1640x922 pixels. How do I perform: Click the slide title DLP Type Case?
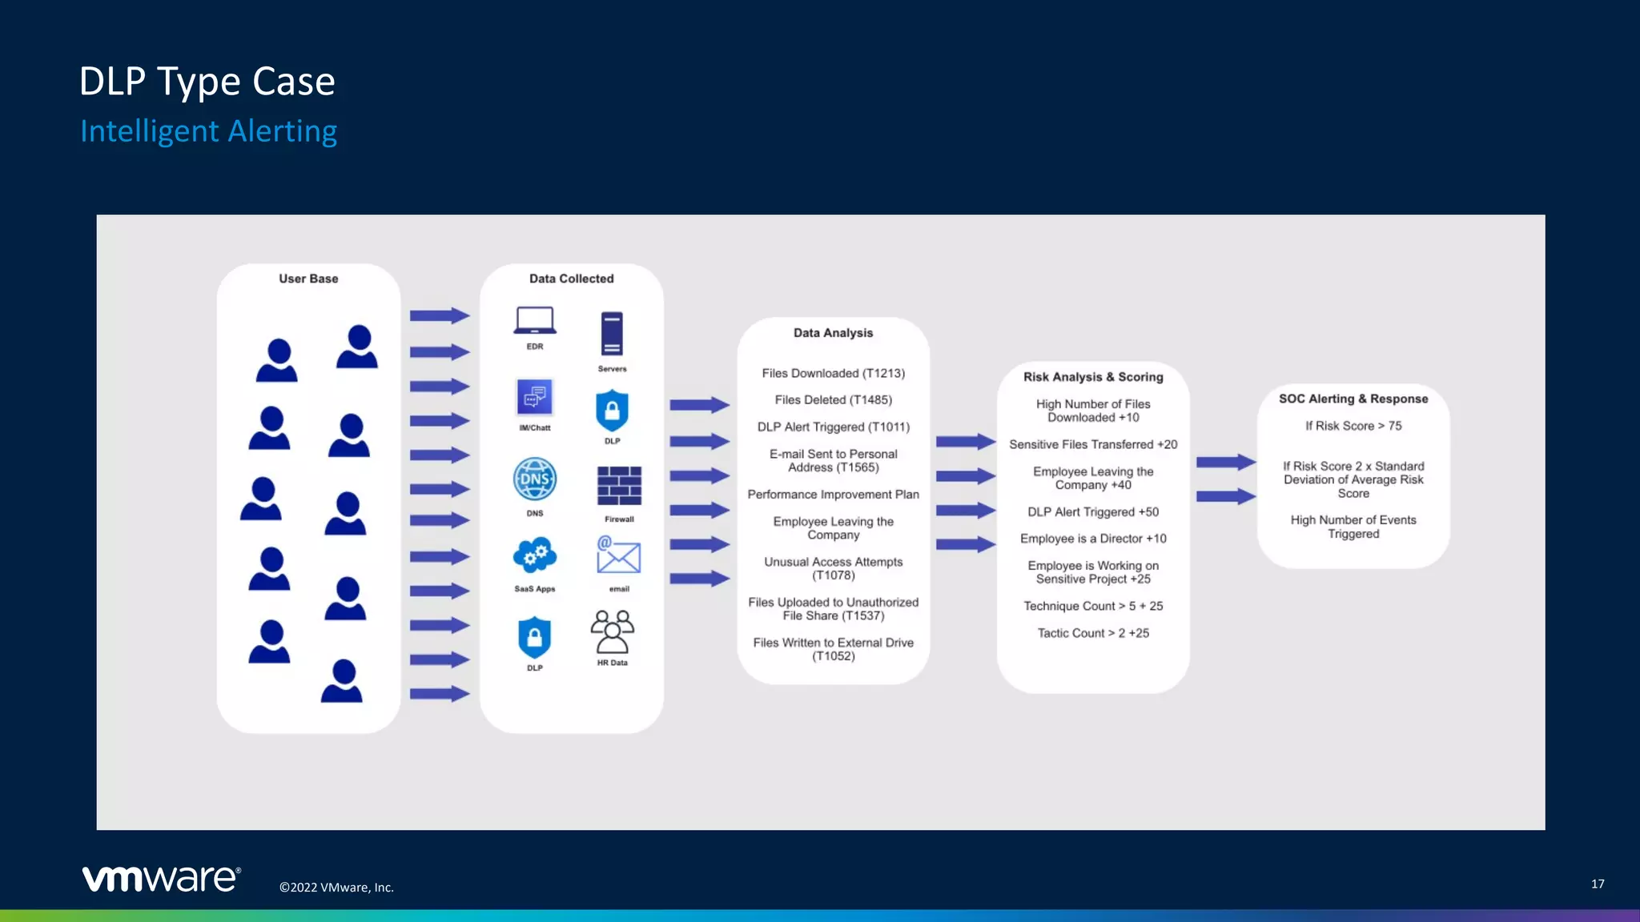point(207,82)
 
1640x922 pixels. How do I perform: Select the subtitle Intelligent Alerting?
point(208,131)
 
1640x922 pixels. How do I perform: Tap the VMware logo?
point(161,878)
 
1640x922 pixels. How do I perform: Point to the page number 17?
point(1597,884)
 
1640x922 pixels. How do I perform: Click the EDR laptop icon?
point(535,321)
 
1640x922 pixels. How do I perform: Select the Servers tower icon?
point(612,334)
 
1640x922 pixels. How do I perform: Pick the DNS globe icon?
point(535,479)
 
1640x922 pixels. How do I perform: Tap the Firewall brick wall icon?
point(619,486)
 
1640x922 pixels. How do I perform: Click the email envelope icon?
point(618,555)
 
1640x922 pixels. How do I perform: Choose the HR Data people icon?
point(613,631)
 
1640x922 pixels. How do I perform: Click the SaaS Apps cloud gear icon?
point(535,555)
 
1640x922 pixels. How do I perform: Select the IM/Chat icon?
point(535,398)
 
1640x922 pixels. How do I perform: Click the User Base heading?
point(308,279)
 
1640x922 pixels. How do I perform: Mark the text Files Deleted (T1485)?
point(833,400)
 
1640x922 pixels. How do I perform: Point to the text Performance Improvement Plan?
point(833,495)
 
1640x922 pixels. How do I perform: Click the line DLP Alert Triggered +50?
point(1093,512)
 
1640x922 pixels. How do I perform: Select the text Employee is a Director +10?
point(1093,539)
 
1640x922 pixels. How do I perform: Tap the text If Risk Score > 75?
point(1353,426)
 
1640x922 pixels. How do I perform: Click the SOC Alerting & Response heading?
point(1353,399)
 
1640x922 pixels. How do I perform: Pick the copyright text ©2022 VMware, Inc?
point(336,888)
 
